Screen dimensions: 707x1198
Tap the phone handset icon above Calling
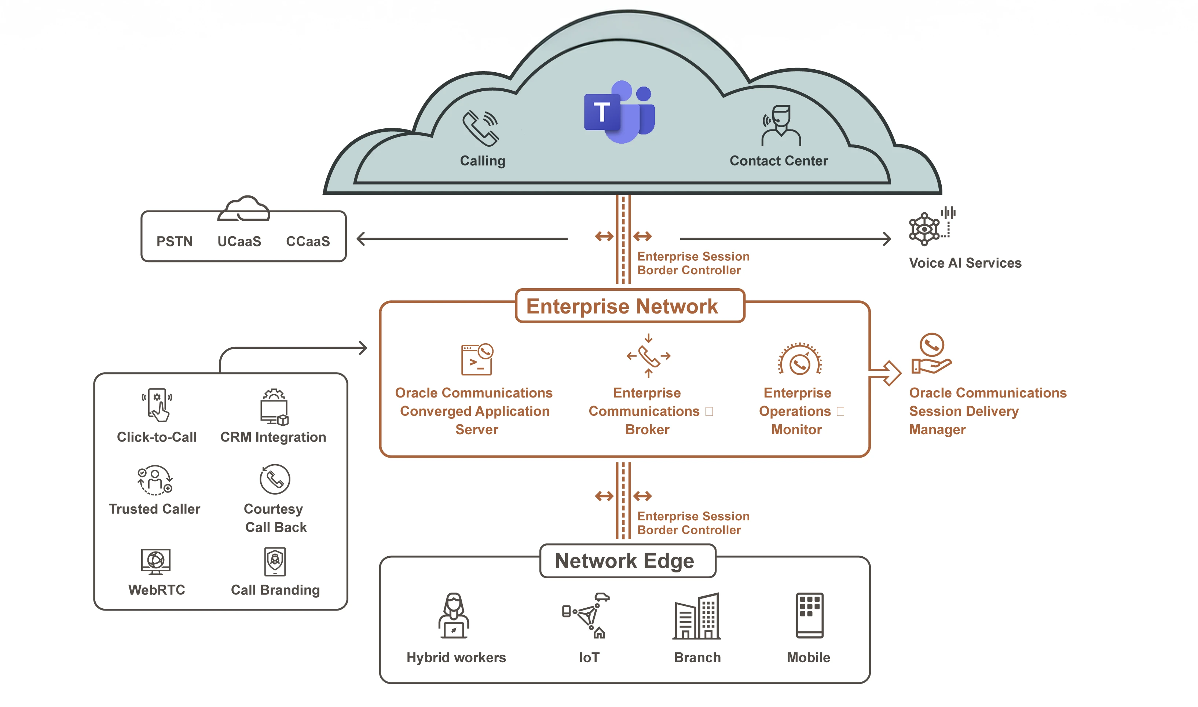click(x=480, y=128)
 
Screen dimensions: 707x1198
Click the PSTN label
click(x=174, y=242)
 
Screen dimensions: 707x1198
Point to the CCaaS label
click(x=308, y=242)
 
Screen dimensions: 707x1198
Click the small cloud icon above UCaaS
click(x=244, y=210)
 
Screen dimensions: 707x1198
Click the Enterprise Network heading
click(x=621, y=306)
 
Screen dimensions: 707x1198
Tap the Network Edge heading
click(x=624, y=561)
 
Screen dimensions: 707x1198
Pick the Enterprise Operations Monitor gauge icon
click(x=799, y=360)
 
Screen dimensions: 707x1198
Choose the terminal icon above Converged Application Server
click(x=476, y=359)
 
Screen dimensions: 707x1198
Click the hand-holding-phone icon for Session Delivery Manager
click(x=930, y=353)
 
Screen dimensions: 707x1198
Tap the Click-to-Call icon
click(x=157, y=405)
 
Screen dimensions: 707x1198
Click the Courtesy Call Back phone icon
click(x=275, y=479)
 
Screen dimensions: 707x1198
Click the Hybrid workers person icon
click(x=454, y=616)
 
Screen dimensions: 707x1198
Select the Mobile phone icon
click(x=809, y=615)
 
